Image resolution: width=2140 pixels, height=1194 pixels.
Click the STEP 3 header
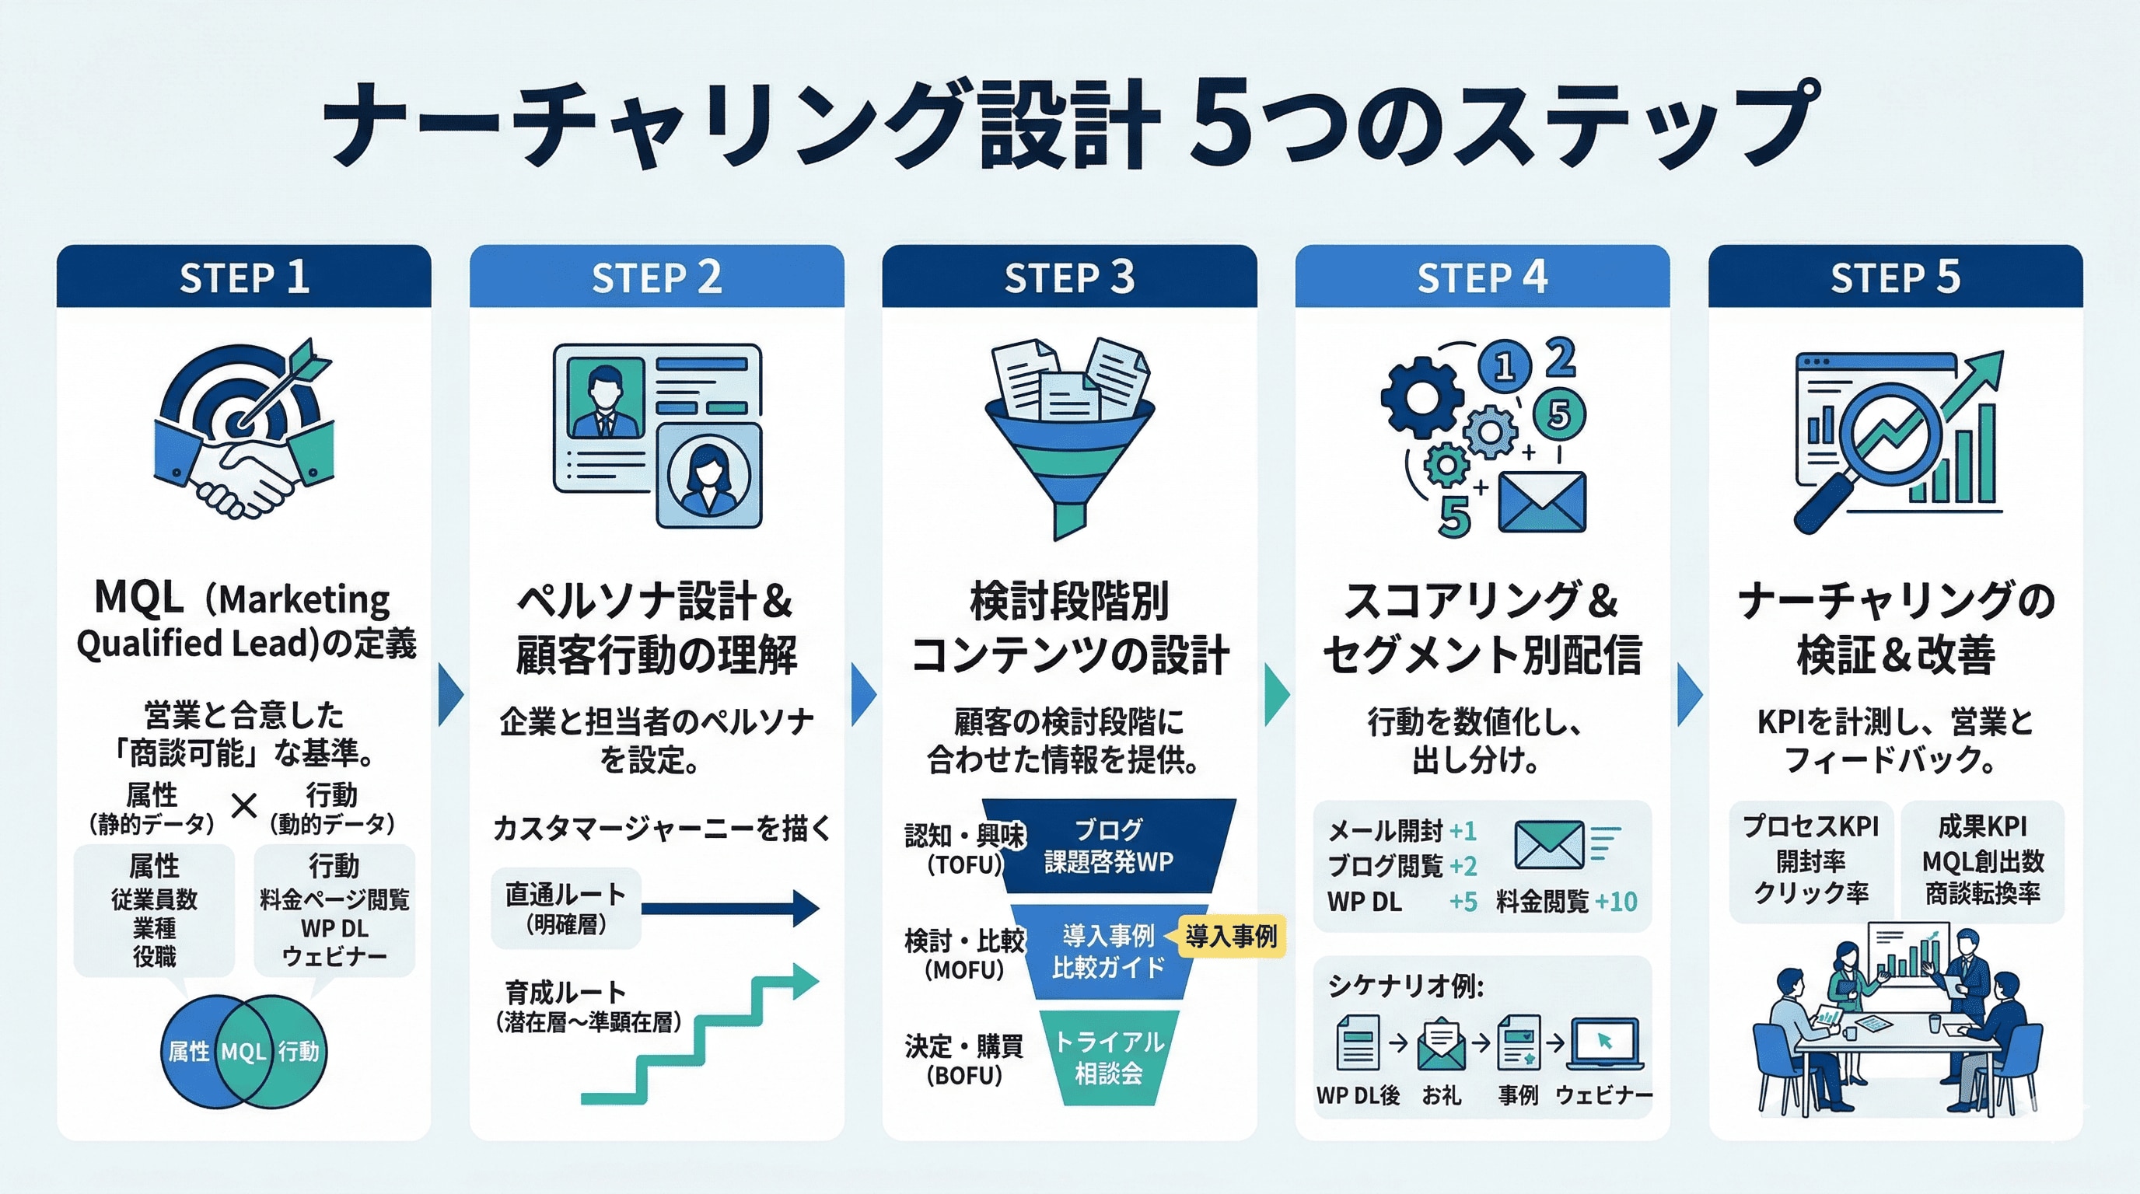pyautogui.click(x=1069, y=277)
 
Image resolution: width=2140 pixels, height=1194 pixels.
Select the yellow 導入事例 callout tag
pyautogui.click(x=1231, y=937)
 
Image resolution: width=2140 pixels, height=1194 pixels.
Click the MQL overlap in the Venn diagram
pyautogui.click(x=243, y=1052)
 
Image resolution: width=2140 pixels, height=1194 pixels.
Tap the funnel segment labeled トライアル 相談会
pyautogui.click(x=1108, y=1057)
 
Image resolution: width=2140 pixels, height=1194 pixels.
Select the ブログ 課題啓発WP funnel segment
pyautogui.click(x=1108, y=845)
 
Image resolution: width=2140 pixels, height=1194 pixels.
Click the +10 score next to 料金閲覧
pyautogui.click(x=1616, y=902)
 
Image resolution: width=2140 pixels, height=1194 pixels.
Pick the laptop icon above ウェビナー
pyautogui.click(x=1604, y=1045)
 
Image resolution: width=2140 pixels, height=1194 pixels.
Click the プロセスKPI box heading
pyautogui.click(x=1810, y=826)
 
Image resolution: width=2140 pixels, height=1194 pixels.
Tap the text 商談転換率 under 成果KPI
pyautogui.click(x=1982, y=893)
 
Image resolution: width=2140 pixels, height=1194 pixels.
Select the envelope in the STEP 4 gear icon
pyautogui.click(x=1542, y=501)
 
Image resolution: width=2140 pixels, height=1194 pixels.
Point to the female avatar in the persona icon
pyautogui.click(x=708, y=477)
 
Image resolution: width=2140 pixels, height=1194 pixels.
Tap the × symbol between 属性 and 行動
pyautogui.click(x=243, y=805)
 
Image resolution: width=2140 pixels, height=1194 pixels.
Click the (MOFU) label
pyautogui.click(x=963, y=969)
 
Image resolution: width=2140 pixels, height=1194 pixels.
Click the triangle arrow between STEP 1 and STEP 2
pyautogui.click(x=449, y=694)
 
